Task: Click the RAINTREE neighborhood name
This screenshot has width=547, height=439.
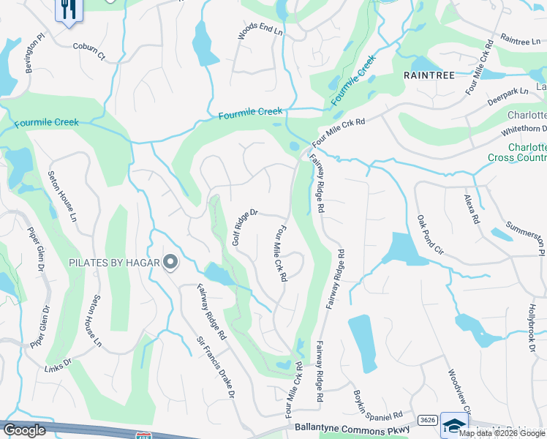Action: pos(429,75)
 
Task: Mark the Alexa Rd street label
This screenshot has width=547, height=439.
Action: pos(472,209)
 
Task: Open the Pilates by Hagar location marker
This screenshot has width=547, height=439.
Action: pos(170,262)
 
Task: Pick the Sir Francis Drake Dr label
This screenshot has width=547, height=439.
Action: pos(215,368)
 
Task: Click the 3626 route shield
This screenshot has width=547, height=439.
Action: pos(428,421)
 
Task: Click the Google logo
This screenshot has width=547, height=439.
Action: pos(25,430)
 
